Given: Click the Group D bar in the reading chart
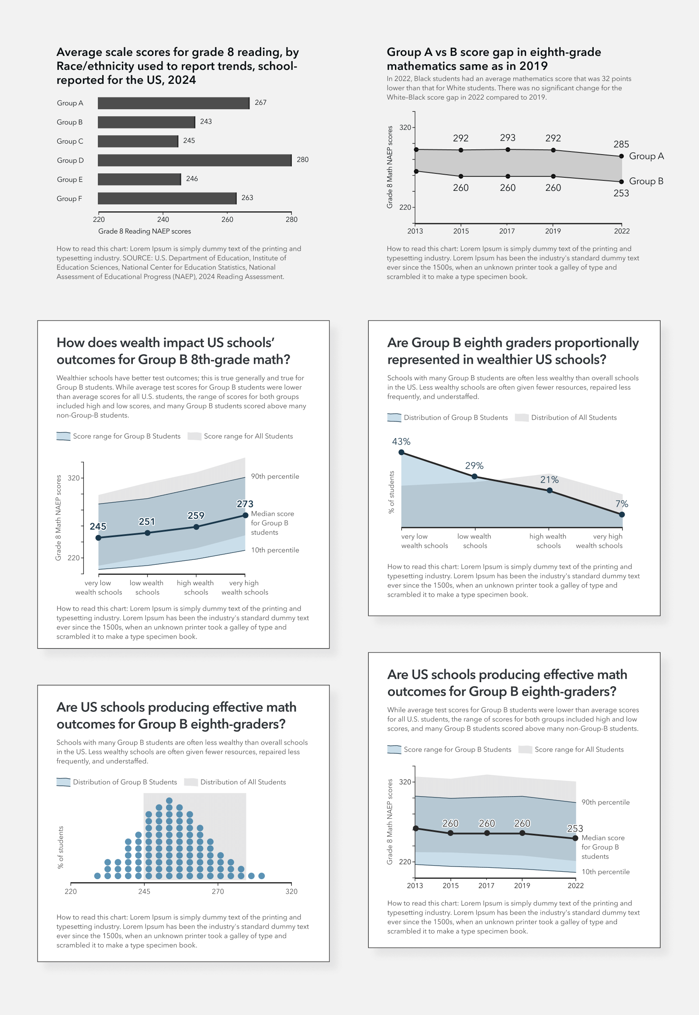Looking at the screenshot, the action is [x=194, y=160].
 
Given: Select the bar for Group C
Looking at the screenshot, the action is [x=138, y=141].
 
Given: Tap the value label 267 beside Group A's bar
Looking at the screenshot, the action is [x=260, y=103].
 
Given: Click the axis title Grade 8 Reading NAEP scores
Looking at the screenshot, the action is [x=145, y=231].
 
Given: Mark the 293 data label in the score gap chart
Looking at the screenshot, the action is [x=508, y=138].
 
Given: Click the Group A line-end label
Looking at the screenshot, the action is [x=646, y=156].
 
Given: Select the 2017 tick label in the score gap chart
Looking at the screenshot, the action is [x=507, y=231].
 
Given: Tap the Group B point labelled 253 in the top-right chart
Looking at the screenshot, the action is [x=621, y=182].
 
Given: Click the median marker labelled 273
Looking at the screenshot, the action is [x=245, y=515].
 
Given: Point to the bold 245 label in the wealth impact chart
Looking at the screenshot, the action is [x=98, y=526].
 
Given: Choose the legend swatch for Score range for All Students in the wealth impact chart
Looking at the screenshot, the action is [x=194, y=436].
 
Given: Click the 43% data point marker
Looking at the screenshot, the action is [x=401, y=452].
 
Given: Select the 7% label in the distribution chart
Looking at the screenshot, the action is [x=622, y=504].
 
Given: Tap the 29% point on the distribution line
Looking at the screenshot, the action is [x=474, y=476].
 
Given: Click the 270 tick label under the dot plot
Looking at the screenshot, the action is [x=218, y=891].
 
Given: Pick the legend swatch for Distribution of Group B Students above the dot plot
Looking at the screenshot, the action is [x=63, y=782].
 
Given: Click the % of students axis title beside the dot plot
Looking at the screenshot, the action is [x=61, y=847].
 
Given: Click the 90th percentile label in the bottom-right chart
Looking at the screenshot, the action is [x=605, y=802].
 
